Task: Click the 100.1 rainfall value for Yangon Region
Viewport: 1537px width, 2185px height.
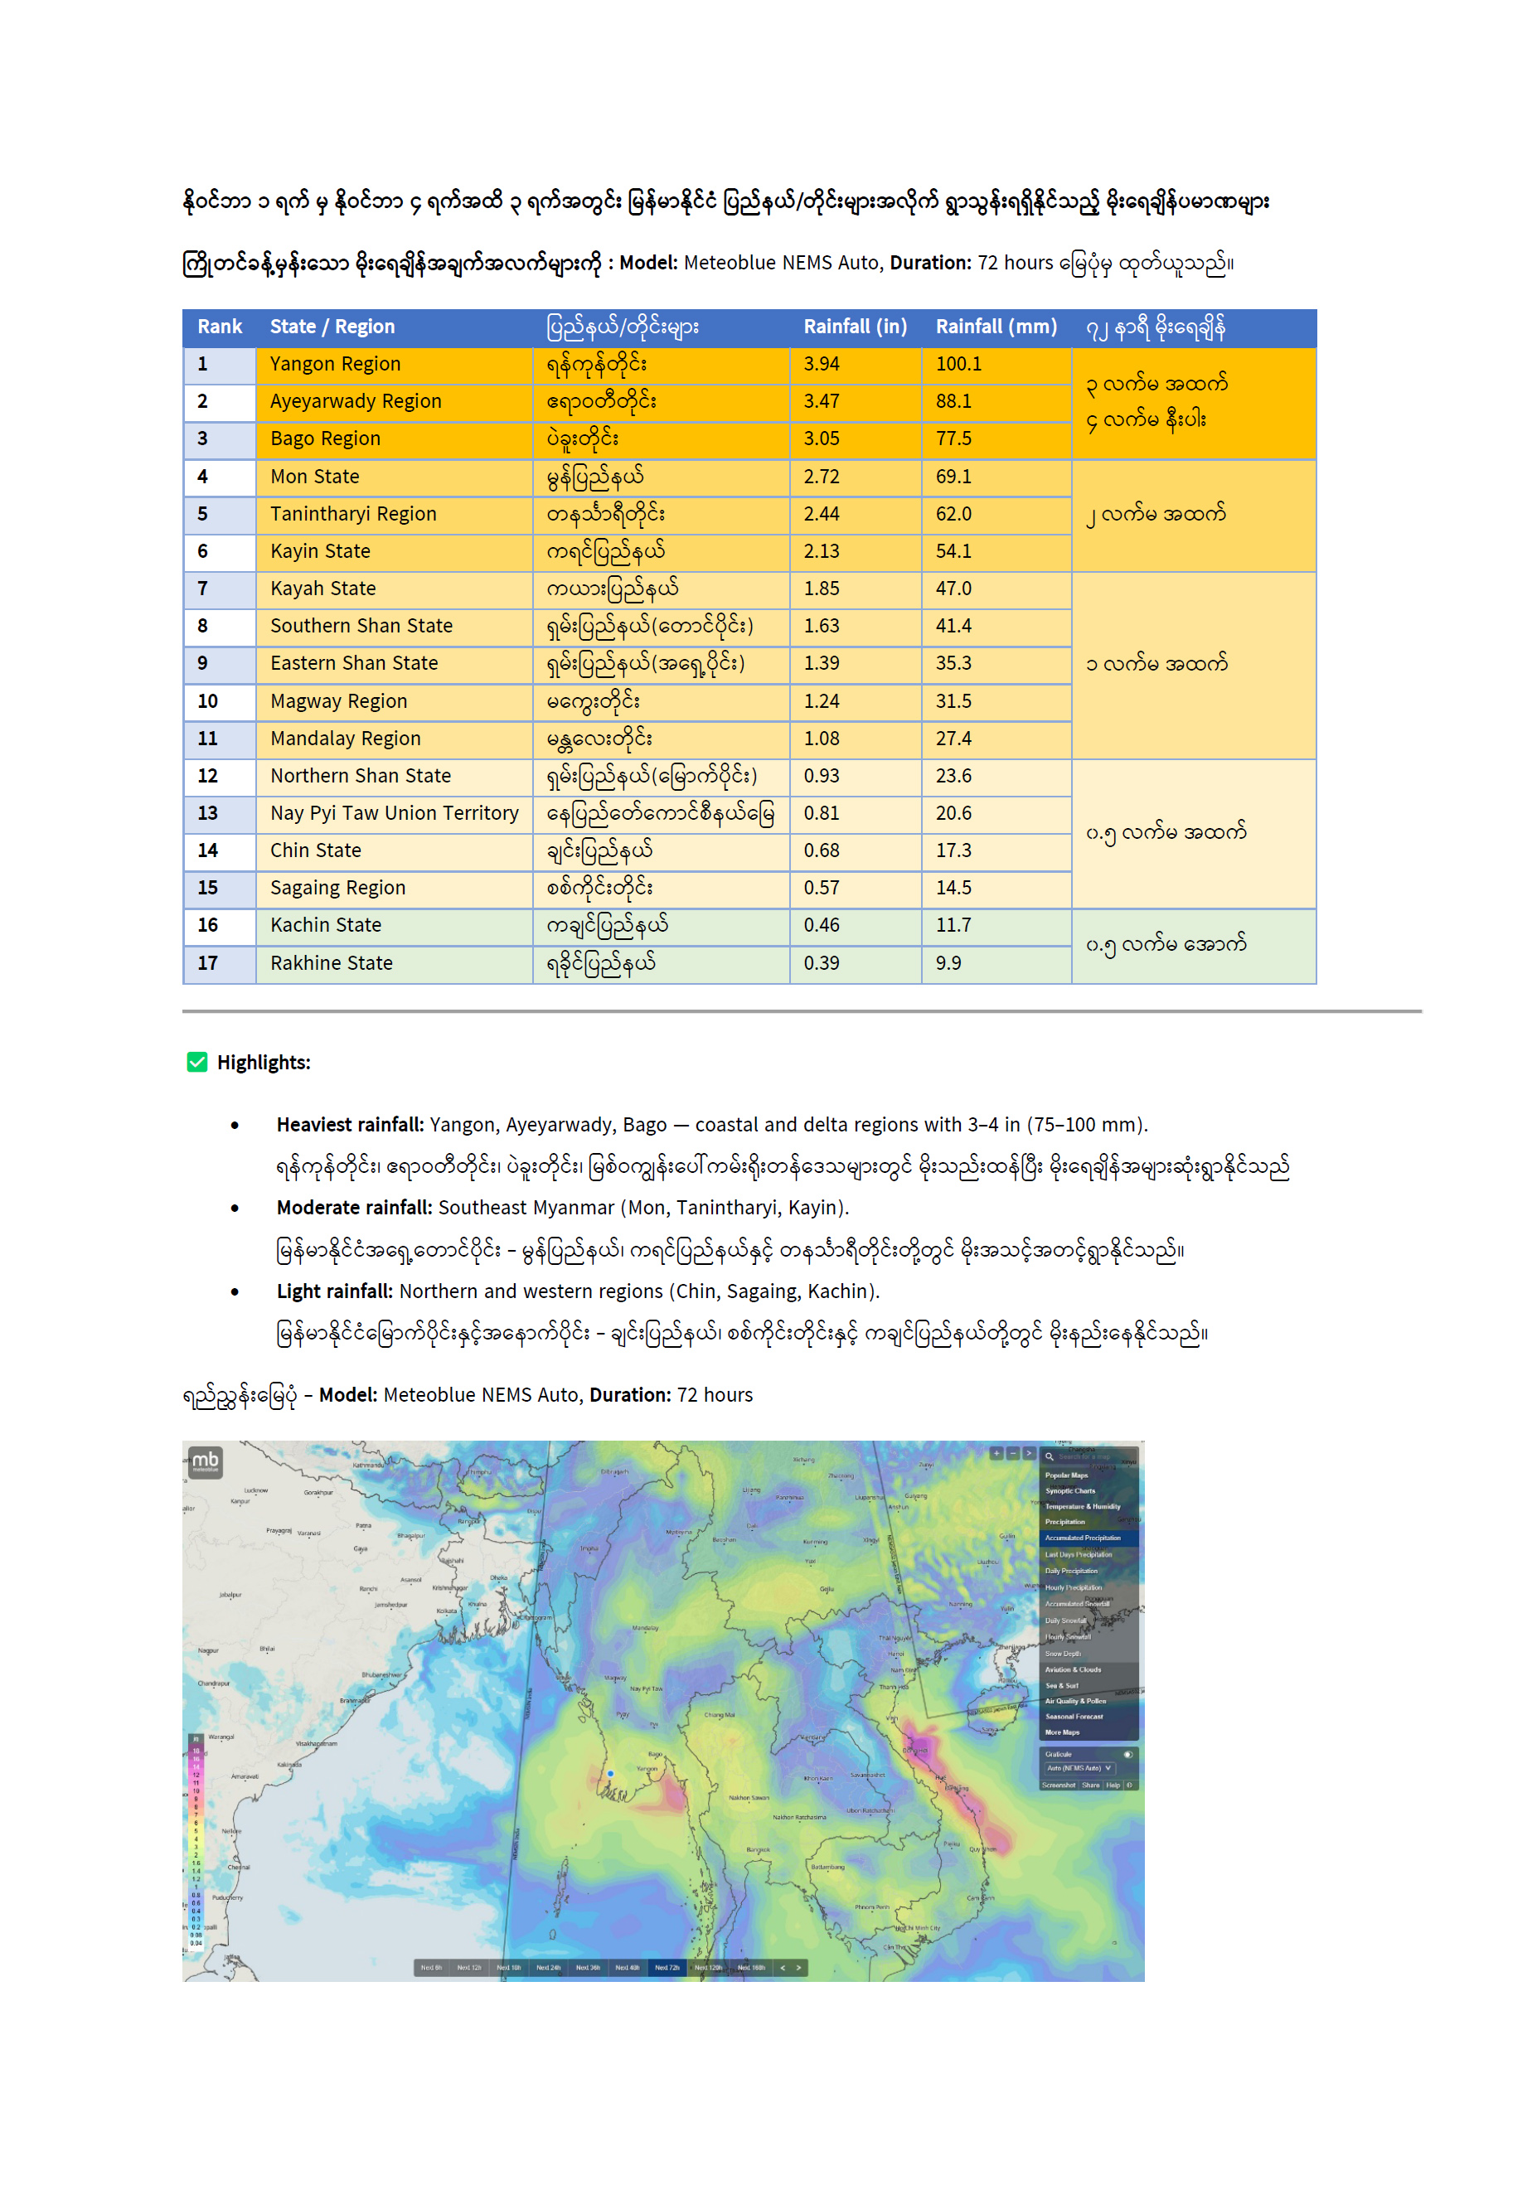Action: (958, 364)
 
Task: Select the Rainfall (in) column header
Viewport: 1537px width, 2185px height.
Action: (855, 327)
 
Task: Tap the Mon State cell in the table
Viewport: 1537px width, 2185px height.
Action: (314, 476)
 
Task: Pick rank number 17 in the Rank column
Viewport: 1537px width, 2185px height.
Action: (207, 962)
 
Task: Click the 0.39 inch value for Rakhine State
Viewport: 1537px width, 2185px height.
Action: (822, 962)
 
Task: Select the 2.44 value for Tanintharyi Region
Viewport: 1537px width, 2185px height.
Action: (822, 514)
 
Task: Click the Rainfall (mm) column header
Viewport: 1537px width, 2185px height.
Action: (996, 327)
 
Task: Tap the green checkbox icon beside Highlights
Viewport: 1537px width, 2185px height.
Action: (197, 1062)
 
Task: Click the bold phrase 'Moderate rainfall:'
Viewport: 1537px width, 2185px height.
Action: (354, 1207)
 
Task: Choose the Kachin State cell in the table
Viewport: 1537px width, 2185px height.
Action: (326, 925)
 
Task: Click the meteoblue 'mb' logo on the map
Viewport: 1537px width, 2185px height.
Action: (206, 1461)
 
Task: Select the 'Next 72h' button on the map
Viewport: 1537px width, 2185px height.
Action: (667, 1967)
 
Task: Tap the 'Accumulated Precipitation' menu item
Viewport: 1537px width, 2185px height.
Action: (1082, 1538)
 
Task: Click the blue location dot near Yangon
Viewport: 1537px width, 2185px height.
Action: (611, 1774)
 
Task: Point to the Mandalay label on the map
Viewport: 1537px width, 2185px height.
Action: (645, 1628)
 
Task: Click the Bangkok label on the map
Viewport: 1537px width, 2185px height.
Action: (758, 1850)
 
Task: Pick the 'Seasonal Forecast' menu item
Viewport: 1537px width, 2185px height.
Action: (1074, 1717)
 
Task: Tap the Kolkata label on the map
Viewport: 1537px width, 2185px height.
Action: (446, 1611)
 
